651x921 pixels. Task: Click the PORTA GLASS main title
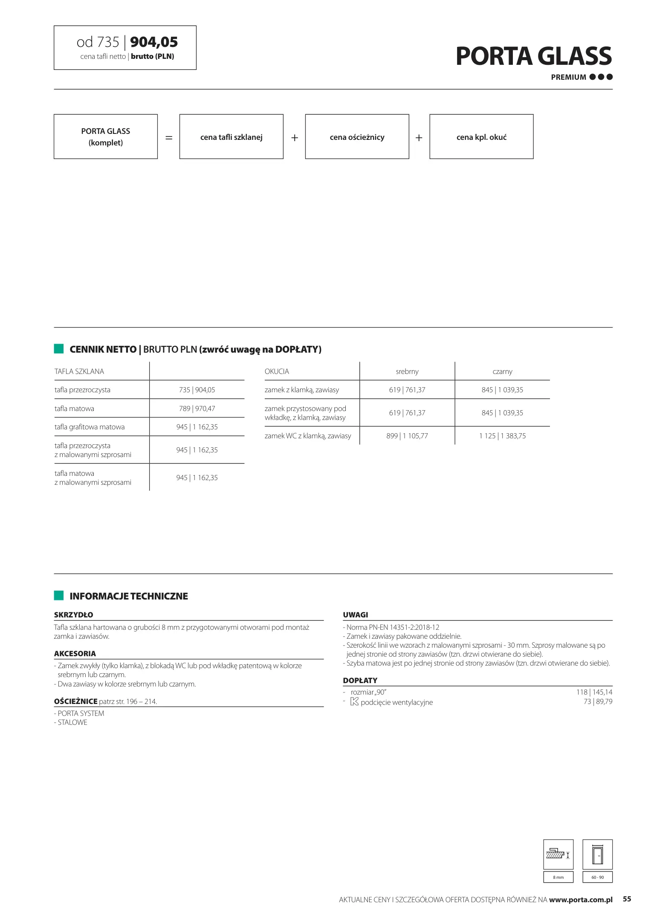pyautogui.click(x=533, y=56)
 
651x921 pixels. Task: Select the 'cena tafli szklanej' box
pyautogui.click(x=231, y=137)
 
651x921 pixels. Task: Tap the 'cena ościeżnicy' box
pyautogui.click(x=357, y=137)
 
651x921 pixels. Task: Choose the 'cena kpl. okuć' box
pyautogui.click(x=481, y=137)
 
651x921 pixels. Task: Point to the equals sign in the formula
pyautogui.click(x=169, y=138)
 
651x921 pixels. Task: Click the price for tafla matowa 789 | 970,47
pyautogui.click(x=197, y=408)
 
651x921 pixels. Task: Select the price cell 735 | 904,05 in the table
pyautogui.click(x=197, y=390)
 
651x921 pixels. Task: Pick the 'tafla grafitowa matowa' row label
pyautogui.click(x=90, y=427)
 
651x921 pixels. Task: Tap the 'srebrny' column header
pyautogui.click(x=407, y=371)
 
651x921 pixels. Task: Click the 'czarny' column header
pyautogui.click(x=502, y=371)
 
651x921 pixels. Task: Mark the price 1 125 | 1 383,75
pyautogui.click(x=502, y=436)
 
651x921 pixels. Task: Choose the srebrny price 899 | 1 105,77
pyautogui.click(x=407, y=436)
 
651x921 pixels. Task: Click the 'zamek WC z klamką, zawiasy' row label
pyautogui.click(x=308, y=436)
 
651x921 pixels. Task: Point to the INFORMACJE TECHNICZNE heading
pyautogui.click(x=128, y=596)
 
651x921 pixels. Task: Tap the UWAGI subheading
pyautogui.click(x=356, y=615)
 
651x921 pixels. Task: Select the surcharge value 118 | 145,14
pyautogui.click(x=594, y=692)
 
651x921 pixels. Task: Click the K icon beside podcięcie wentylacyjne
pyautogui.click(x=354, y=702)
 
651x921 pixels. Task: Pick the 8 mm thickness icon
pyautogui.click(x=558, y=854)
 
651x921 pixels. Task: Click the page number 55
pyautogui.click(x=627, y=899)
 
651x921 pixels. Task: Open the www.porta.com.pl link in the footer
pyautogui.click(x=581, y=900)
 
